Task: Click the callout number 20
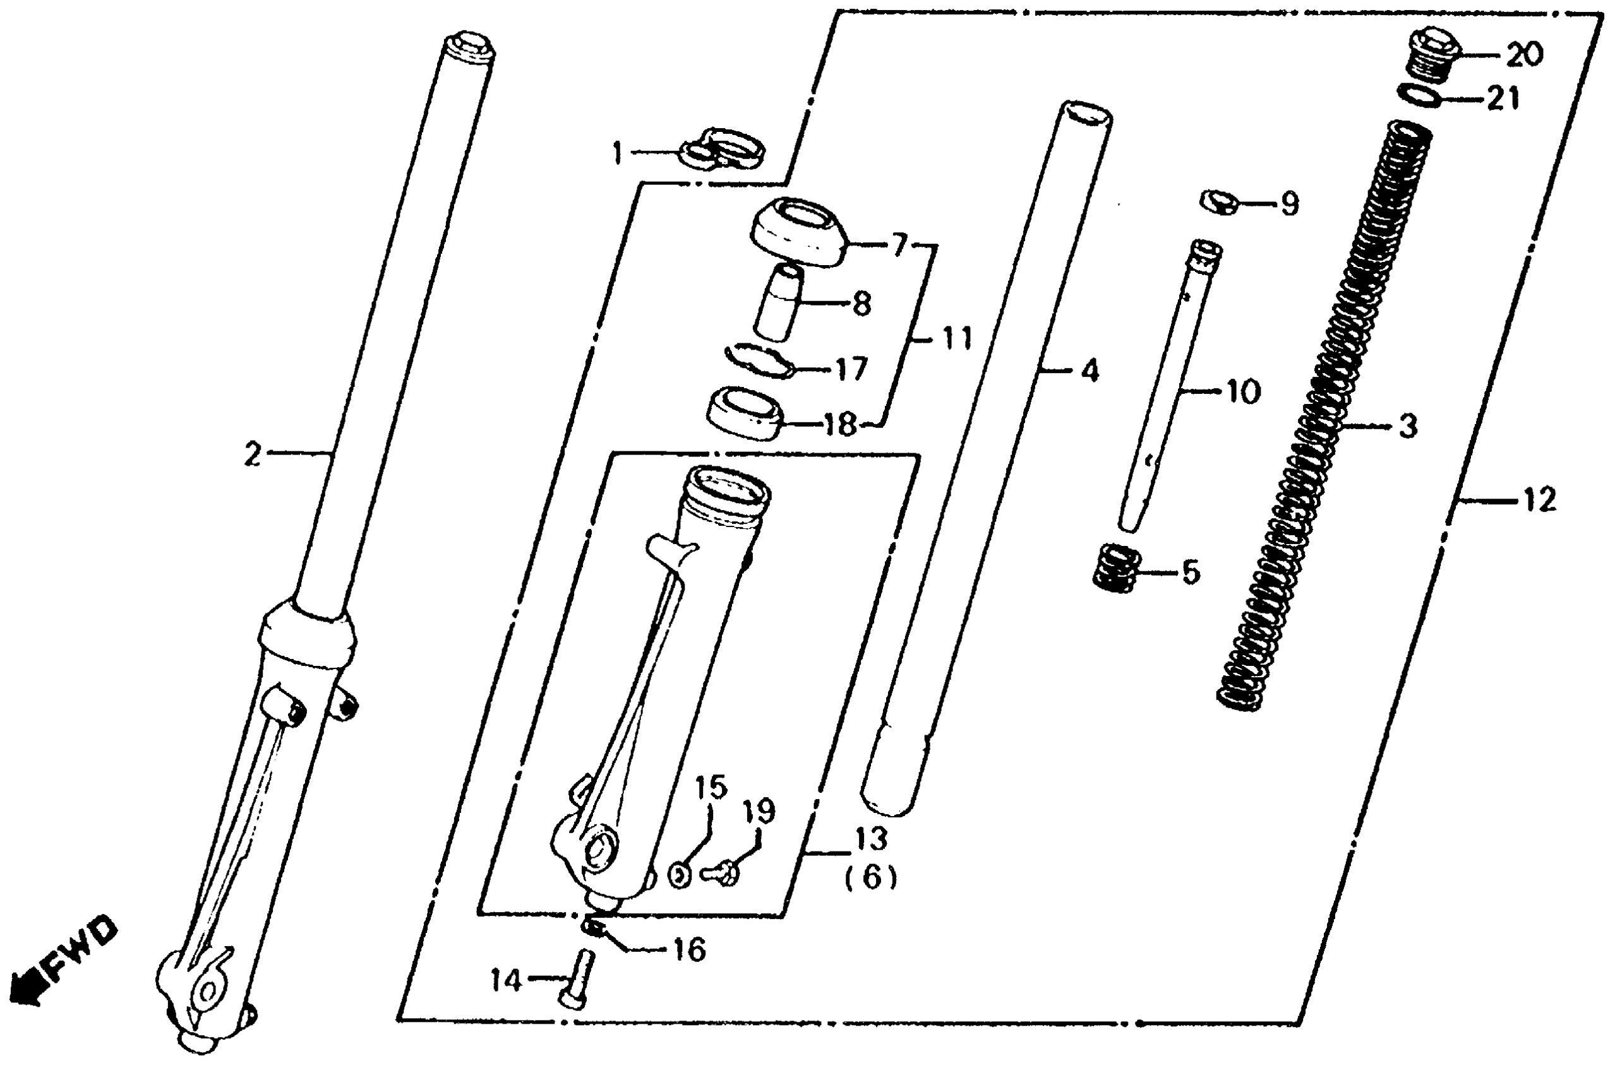[1524, 54]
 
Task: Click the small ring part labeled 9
[1221, 202]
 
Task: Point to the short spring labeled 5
[1116, 567]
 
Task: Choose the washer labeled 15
[679, 876]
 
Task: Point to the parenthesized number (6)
[870, 877]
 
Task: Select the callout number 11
[956, 338]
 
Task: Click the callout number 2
[253, 454]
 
